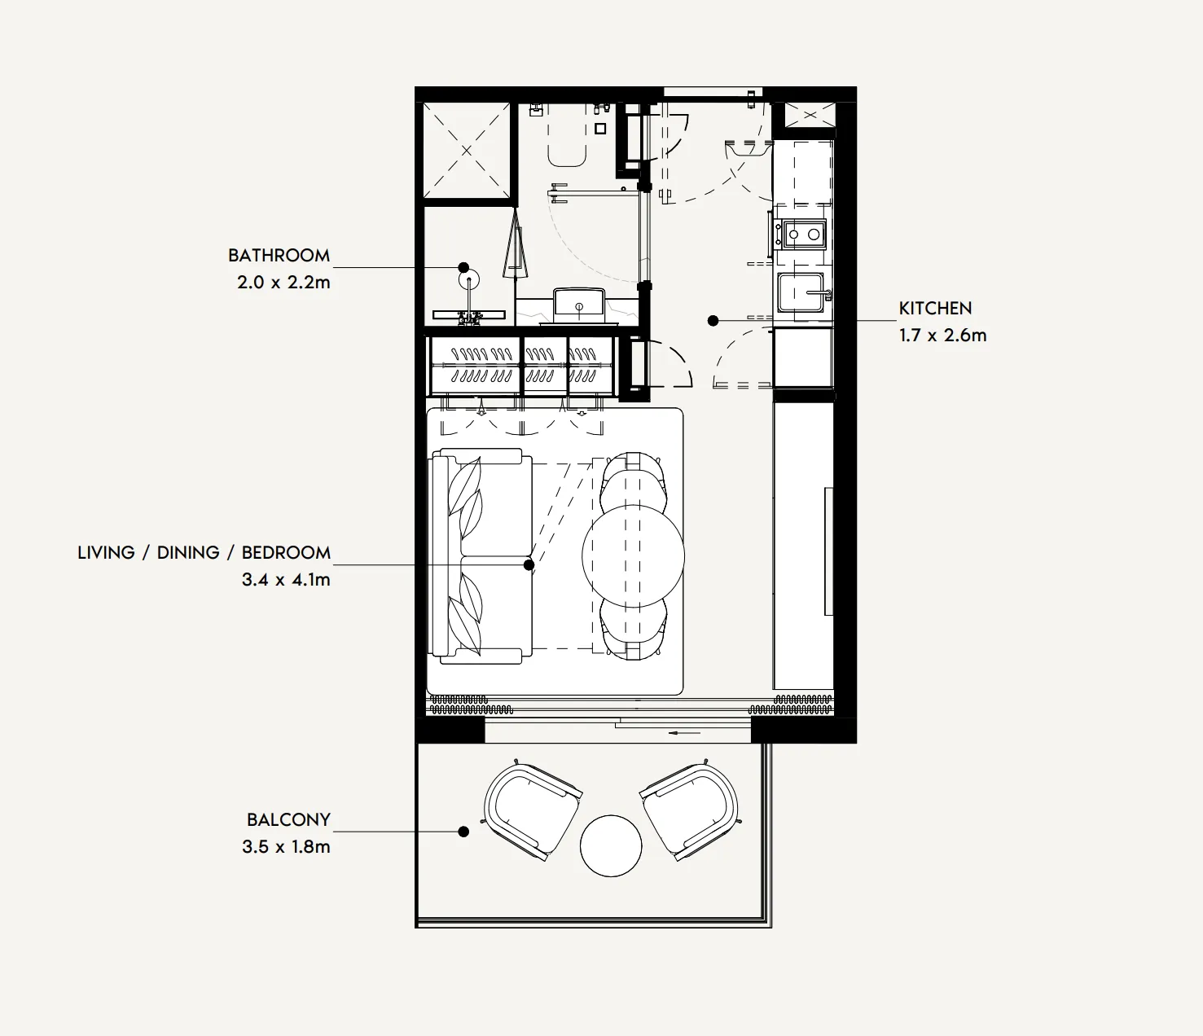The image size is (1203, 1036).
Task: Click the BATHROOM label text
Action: pyautogui.click(x=279, y=256)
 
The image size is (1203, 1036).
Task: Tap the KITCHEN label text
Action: pyautogui.click(x=935, y=309)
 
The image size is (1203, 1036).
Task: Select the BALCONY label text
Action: pyautogui.click(x=288, y=820)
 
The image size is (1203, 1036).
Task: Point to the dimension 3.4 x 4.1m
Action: pyautogui.click(x=286, y=580)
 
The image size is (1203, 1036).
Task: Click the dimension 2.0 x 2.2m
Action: pyautogui.click(x=283, y=283)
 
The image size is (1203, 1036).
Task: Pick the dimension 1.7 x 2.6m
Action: pyautogui.click(x=942, y=336)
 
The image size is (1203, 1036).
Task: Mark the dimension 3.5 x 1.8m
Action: pyautogui.click(x=286, y=847)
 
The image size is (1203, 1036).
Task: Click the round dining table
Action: pyautogui.click(x=633, y=556)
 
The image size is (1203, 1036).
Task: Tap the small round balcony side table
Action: pyautogui.click(x=611, y=845)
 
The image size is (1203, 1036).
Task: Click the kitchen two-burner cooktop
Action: pyautogui.click(x=802, y=235)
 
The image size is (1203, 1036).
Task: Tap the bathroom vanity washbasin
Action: pyautogui.click(x=579, y=303)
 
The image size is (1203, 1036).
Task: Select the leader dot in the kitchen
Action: pyautogui.click(x=713, y=321)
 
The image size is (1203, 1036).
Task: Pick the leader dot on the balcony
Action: pyautogui.click(x=463, y=832)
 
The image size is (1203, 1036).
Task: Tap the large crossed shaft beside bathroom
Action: pyautogui.click(x=467, y=151)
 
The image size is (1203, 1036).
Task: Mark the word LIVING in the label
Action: pyautogui.click(x=106, y=553)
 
